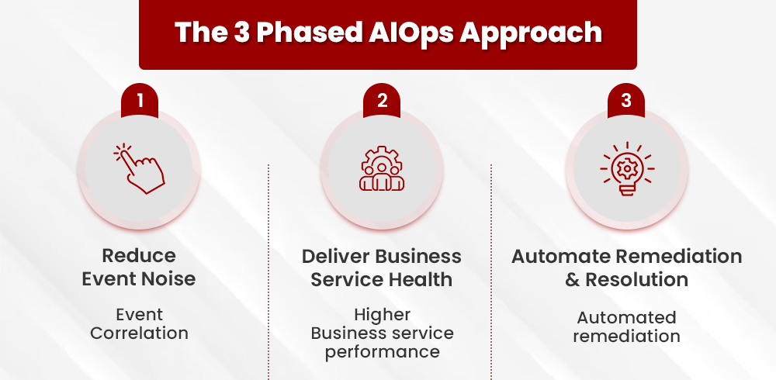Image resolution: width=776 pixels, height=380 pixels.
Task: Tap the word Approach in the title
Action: [x=542, y=32]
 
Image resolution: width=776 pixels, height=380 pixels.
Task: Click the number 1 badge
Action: [x=140, y=101]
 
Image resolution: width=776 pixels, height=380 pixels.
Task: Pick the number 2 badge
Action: [x=383, y=101]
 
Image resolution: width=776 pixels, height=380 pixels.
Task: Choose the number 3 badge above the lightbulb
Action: [x=626, y=101]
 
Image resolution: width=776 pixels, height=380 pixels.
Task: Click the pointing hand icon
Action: [x=140, y=168]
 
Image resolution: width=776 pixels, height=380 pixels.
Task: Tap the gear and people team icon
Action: [x=383, y=168]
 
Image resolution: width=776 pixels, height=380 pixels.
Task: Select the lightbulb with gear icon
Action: [x=626, y=168]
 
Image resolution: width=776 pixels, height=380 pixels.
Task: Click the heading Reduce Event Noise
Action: [x=140, y=268]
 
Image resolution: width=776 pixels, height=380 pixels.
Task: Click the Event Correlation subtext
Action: [x=140, y=324]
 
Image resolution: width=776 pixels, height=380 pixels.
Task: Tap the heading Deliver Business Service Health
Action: [x=382, y=268]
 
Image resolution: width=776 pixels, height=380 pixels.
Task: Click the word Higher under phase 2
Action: [x=382, y=315]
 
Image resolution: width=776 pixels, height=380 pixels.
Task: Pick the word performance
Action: [x=382, y=352]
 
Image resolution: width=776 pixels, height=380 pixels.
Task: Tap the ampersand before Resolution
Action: [x=573, y=280]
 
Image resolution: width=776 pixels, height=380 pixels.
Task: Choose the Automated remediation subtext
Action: [x=626, y=326]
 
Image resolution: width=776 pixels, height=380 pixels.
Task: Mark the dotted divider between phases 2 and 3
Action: [x=491, y=271]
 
